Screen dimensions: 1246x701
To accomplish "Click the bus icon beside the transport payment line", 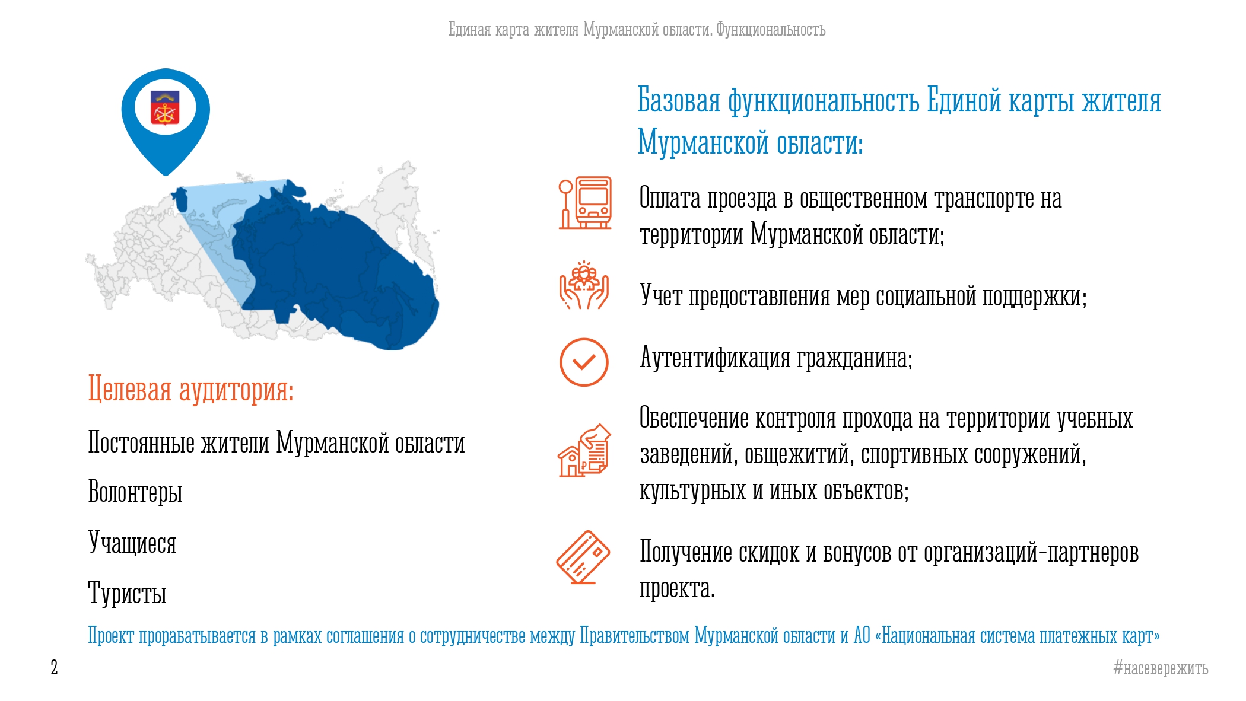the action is [585, 202].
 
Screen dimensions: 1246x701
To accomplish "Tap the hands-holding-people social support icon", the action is [584, 285].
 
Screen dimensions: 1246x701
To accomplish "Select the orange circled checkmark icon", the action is [584, 362].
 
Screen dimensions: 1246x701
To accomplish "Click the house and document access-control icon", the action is [584, 450].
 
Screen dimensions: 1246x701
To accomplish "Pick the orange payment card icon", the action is [583, 557].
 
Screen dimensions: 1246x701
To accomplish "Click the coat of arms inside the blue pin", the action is [165, 107].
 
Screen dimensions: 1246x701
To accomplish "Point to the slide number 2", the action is [54, 667].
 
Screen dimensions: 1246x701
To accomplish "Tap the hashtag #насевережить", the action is [1161, 668].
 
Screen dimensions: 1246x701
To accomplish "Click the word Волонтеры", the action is [135, 492].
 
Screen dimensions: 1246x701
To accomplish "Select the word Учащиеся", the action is [132, 542].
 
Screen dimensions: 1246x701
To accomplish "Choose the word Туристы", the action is [128, 592].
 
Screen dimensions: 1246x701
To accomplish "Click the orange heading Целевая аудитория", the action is [191, 390].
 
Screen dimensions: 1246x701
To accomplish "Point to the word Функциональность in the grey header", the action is [771, 29].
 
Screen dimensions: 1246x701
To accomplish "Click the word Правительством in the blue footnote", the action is [634, 635].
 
